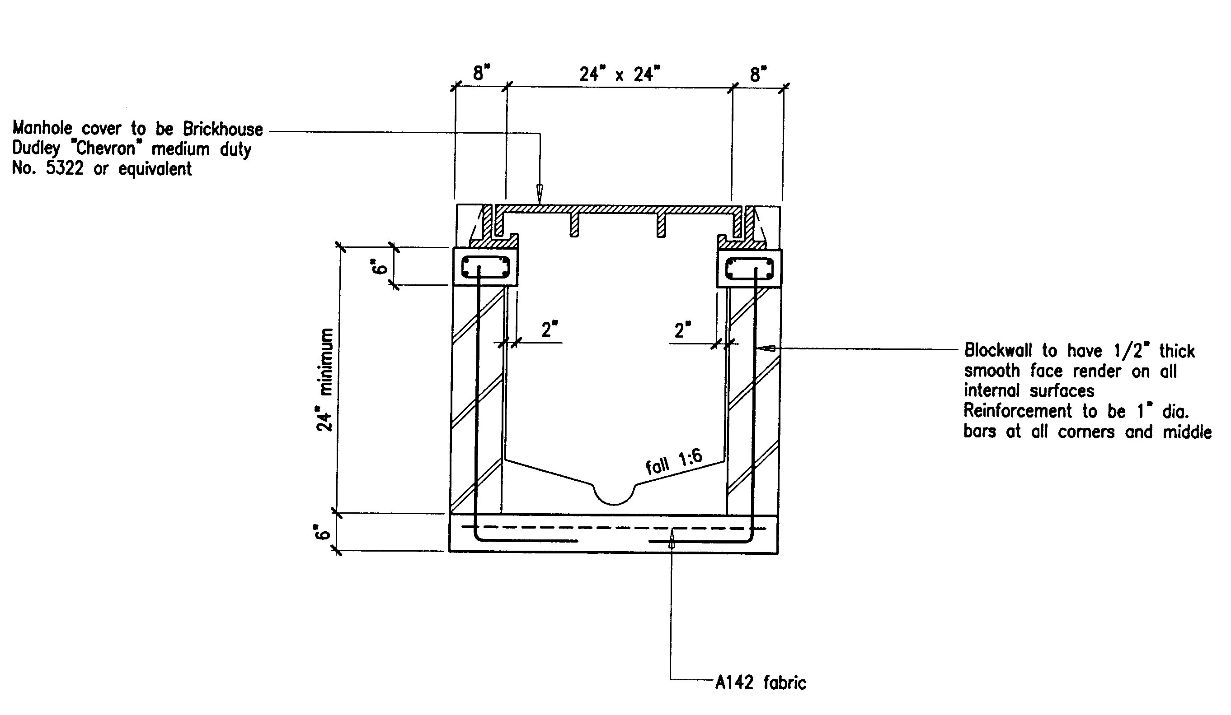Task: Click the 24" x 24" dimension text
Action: pos(620,74)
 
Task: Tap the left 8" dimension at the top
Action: pos(481,73)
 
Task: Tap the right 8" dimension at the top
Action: pos(758,74)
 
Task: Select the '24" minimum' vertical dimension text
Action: pos(324,380)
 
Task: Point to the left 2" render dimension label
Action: pos(550,330)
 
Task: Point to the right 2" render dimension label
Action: pos(682,330)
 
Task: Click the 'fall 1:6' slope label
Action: pos(674,462)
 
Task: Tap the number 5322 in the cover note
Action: pos(65,168)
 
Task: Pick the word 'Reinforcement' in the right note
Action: pos(1017,411)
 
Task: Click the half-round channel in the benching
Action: pos(615,493)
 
